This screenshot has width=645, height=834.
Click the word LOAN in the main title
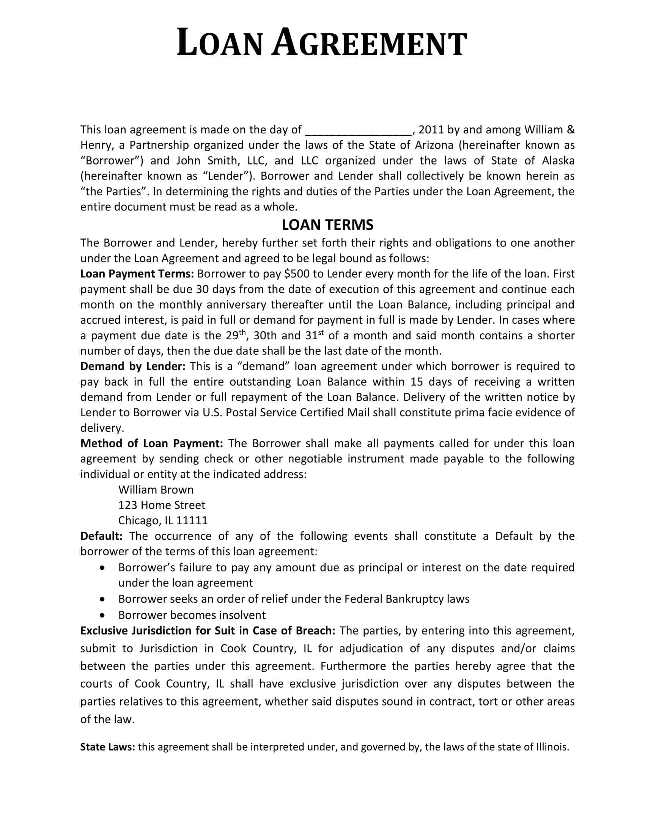pos(219,44)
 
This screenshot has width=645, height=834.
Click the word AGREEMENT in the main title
pos(369,44)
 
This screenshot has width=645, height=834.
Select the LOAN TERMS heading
pos(327,225)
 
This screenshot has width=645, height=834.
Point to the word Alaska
pos(557,161)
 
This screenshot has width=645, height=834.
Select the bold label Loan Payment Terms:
pos(138,274)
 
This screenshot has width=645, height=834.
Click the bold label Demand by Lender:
pos(132,367)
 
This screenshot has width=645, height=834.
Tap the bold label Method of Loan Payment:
pos(151,444)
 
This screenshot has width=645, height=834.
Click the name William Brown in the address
pos(156,490)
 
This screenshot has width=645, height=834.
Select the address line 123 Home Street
pos(162,505)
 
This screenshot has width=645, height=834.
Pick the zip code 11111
pos(192,520)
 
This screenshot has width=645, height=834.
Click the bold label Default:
pos(101,536)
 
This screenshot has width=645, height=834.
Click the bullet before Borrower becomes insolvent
pos(102,615)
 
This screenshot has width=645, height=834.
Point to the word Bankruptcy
pos(414,599)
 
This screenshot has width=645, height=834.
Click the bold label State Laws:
pos(107,747)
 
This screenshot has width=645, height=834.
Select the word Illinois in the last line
pos(552,747)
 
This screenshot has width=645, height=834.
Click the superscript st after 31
pos(321,332)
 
